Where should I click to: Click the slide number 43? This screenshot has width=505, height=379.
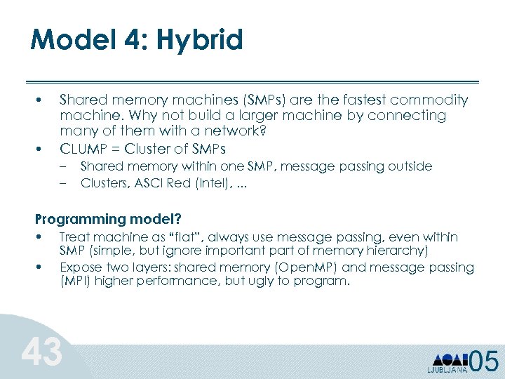pos(41,352)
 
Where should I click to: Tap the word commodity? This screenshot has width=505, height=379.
pos(429,100)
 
